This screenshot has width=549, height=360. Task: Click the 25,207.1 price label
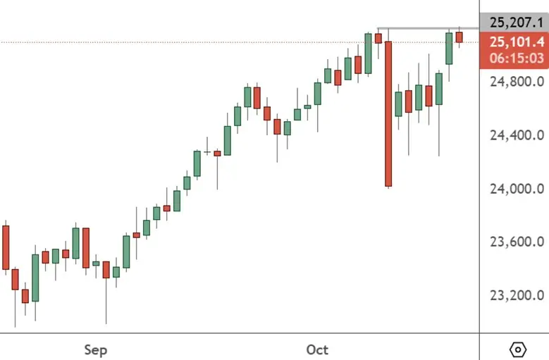pos(514,22)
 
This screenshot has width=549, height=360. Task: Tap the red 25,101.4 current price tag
pos(514,42)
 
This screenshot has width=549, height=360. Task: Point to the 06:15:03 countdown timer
pos(514,58)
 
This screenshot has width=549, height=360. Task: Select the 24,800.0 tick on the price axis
pos(517,81)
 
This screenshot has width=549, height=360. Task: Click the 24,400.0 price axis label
pos(517,135)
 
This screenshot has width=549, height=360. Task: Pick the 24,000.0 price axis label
pos(517,188)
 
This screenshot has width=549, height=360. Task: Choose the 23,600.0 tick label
pos(517,242)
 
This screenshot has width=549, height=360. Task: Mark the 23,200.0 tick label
pos(517,295)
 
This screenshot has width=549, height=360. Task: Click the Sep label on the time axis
pos(95,349)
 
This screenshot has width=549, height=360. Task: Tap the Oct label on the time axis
pos(318,349)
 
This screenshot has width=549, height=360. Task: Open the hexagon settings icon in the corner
pos(518,349)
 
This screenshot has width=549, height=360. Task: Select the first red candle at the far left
pos(6,247)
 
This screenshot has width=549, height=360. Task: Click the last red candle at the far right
pos(459,37)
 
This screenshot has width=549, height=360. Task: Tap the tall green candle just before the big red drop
pos(368,54)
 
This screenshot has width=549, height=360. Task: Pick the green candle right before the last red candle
pos(449,48)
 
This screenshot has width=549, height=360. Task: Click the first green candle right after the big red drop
pos(398,104)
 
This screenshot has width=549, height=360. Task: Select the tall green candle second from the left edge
pos(35,278)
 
